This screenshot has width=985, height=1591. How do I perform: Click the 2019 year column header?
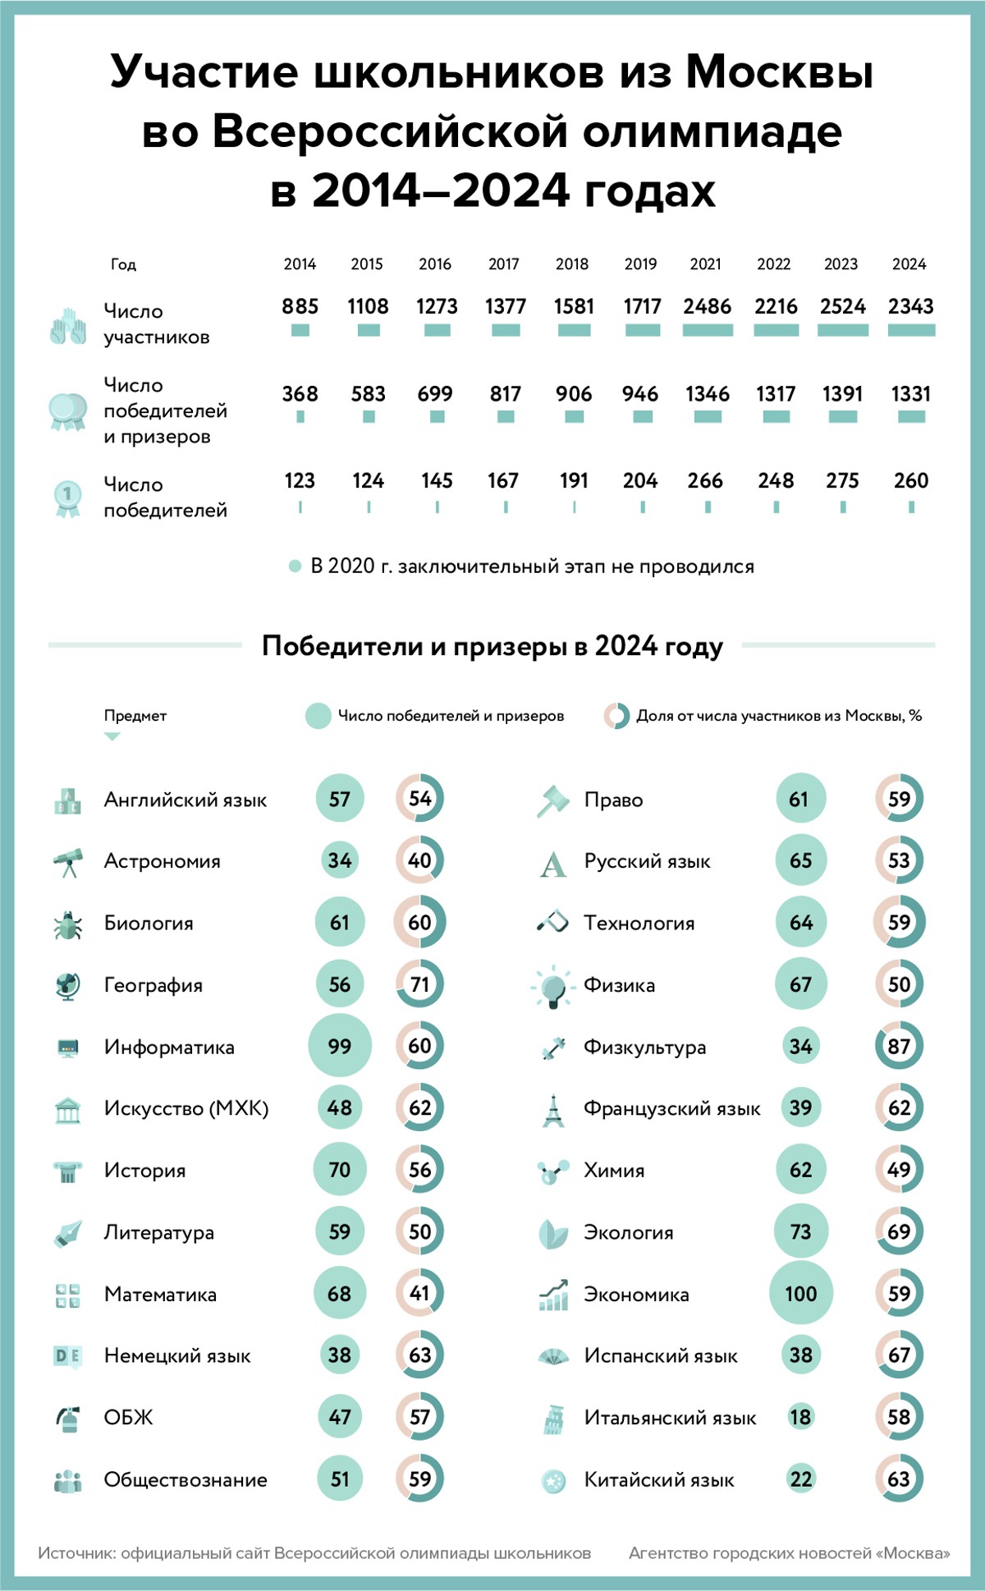click(640, 264)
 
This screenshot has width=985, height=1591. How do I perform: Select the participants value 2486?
click(707, 306)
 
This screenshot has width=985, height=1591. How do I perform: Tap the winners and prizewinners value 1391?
click(842, 394)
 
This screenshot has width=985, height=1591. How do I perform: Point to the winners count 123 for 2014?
click(300, 480)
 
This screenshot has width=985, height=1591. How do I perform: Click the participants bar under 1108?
click(369, 330)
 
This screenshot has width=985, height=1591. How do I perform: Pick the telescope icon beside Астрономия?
click(68, 862)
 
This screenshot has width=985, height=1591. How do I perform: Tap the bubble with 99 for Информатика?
click(339, 1046)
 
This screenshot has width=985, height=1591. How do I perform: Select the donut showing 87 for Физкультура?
click(899, 1046)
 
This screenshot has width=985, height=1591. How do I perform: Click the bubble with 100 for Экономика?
click(800, 1294)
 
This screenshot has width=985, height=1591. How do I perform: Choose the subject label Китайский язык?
click(659, 1480)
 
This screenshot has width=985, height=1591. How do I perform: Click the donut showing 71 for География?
click(419, 984)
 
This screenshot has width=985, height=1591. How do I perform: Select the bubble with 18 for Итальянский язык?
click(800, 1417)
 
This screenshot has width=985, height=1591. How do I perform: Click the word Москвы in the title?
click(779, 71)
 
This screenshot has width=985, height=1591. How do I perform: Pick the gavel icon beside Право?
click(553, 800)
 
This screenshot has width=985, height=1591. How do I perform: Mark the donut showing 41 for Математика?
click(419, 1294)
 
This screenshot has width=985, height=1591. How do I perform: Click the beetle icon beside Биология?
click(67, 924)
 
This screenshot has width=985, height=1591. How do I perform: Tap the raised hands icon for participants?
click(68, 326)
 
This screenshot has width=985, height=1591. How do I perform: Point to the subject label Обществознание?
click(186, 1480)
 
